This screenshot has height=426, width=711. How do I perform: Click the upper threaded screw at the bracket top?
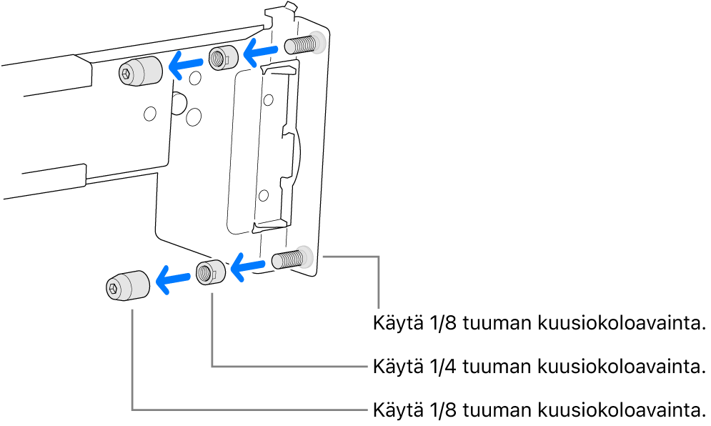coord(302,45)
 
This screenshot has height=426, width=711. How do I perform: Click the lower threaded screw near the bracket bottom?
coord(289,258)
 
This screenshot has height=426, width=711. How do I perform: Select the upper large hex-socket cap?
coord(139,71)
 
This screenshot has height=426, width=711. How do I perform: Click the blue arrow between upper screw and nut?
coord(260,51)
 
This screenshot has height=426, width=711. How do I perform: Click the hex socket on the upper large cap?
coord(126,72)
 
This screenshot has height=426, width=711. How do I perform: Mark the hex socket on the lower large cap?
coord(114,288)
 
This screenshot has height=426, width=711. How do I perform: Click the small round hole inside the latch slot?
coord(264,194)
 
